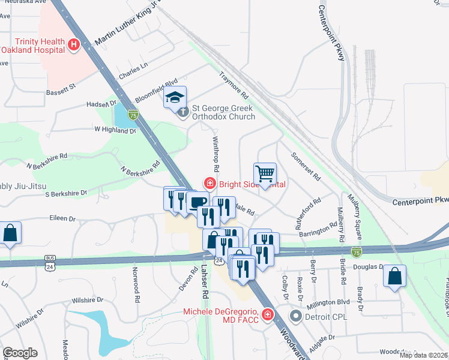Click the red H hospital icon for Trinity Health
74,44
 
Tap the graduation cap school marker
175,98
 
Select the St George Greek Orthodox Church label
222,112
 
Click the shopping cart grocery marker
265,174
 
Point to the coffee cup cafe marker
197,202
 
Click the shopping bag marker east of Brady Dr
396,277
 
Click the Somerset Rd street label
306,166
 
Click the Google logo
20,353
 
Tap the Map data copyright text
423,355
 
